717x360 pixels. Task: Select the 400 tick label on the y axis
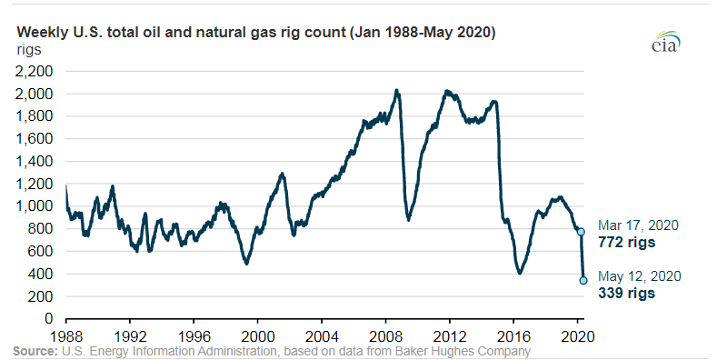(41, 274)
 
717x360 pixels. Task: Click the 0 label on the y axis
(52, 319)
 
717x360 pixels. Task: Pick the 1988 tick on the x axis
(66, 334)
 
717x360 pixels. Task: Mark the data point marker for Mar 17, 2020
(582, 233)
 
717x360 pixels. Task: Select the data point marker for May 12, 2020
(583, 280)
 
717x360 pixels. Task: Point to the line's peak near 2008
(396, 90)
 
